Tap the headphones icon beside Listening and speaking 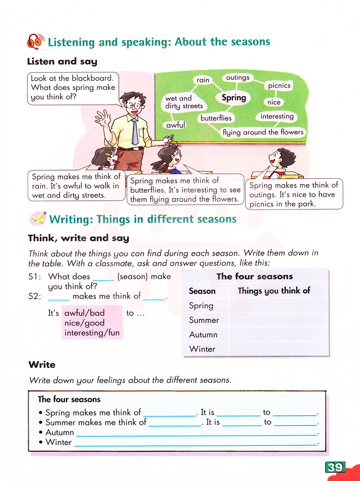(x=36, y=41)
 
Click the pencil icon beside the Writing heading (x=38, y=218)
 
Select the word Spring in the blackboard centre (x=234, y=98)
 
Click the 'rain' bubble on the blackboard (x=203, y=80)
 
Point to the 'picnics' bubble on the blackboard (x=279, y=86)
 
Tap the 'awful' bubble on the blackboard (x=176, y=125)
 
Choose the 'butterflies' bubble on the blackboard (x=216, y=118)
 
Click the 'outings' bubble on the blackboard (x=238, y=77)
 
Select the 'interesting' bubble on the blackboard (x=277, y=116)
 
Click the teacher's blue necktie (x=135, y=132)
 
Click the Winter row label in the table (x=202, y=349)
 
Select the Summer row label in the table (x=204, y=320)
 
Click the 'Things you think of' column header (x=274, y=291)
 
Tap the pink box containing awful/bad (x=92, y=323)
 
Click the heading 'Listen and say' (x=62, y=62)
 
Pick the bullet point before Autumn (x=41, y=432)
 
